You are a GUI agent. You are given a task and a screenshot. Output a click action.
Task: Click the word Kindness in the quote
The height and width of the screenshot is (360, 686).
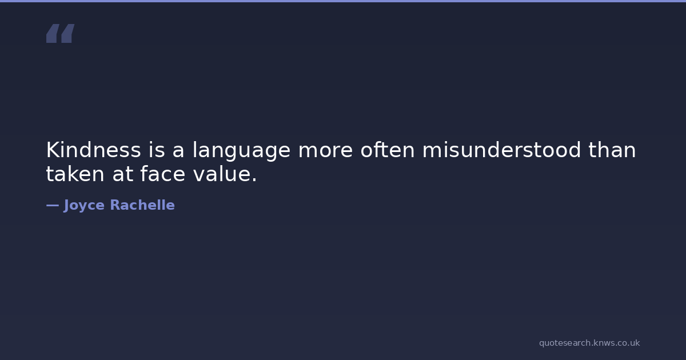tap(93, 150)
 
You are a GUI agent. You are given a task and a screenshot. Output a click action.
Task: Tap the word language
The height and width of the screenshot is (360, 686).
tap(241, 151)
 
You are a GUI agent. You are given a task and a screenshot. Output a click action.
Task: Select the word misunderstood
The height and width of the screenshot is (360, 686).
tap(501, 150)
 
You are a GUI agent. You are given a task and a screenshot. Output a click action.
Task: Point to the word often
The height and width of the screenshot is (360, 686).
tap(388, 149)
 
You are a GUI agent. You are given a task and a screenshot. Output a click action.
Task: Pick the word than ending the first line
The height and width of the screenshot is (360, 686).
tap(612, 150)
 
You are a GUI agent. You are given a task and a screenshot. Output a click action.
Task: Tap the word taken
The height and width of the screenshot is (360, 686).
tap(75, 174)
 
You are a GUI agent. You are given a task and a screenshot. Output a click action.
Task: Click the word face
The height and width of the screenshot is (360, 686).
tap(163, 174)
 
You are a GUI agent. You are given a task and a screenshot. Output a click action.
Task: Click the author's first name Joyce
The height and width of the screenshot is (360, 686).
tap(84, 205)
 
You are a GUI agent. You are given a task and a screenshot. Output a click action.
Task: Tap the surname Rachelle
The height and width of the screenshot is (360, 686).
tap(142, 205)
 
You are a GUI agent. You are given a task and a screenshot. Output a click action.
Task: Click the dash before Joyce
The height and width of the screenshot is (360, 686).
tap(53, 205)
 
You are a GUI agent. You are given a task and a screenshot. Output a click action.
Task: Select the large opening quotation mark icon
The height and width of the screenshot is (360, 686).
tap(61, 33)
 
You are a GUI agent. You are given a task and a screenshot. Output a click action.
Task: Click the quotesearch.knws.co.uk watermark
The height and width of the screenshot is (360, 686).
tap(589, 343)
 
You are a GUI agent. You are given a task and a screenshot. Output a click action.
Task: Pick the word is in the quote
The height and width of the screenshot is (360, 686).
tap(157, 150)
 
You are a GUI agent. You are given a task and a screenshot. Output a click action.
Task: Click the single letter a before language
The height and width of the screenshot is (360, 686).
tap(178, 152)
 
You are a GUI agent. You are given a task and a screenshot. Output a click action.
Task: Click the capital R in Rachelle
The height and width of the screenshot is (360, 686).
tap(115, 205)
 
